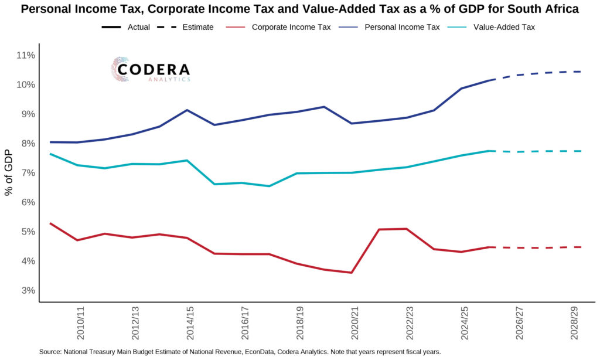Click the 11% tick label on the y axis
pyautogui.click(x=25, y=56)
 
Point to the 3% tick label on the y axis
pyautogui.click(x=27, y=291)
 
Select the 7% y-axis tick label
pyautogui.click(x=27, y=173)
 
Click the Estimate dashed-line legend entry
pyautogui.click(x=189, y=27)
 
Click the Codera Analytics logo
pyautogui.click(x=151, y=69)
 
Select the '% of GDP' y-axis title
pyautogui.click(x=9, y=173)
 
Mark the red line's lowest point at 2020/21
pyautogui.click(x=350, y=273)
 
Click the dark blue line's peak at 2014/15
pyautogui.click(x=187, y=110)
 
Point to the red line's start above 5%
pyautogui.click(x=50, y=223)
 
